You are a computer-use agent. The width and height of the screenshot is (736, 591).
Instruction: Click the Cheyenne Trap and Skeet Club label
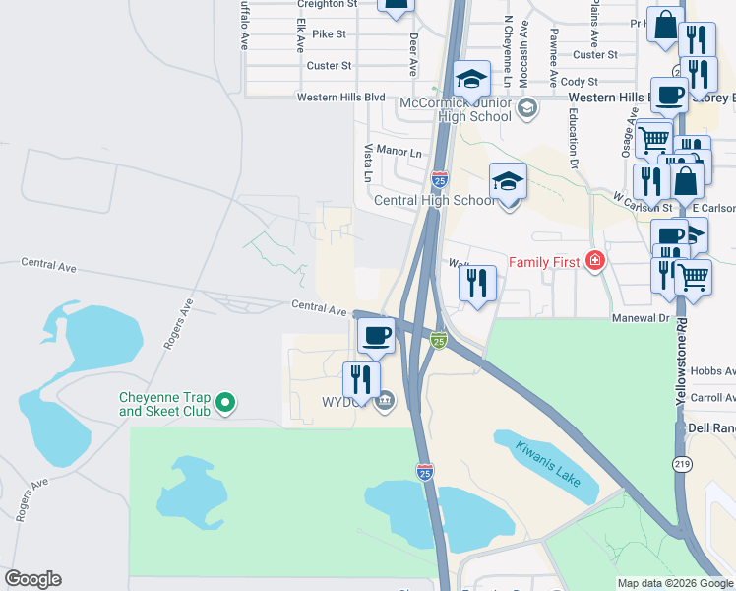pos(164,403)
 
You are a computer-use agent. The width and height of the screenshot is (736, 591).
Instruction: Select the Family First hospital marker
pos(594,261)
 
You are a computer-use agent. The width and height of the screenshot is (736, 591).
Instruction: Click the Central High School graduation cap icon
pos(508,182)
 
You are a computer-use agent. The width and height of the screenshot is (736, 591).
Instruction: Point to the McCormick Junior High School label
pos(456,109)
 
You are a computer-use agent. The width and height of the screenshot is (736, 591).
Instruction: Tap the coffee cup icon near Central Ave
pos(376,335)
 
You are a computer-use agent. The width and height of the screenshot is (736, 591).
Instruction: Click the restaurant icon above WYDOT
pos(361,380)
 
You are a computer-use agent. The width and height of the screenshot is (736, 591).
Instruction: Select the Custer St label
pos(329,66)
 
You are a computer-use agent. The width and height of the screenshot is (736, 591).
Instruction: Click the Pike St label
pos(329,34)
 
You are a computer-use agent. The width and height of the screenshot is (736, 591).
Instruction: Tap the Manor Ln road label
pos(399,153)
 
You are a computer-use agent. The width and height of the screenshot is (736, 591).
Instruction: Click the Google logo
pos(32,579)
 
